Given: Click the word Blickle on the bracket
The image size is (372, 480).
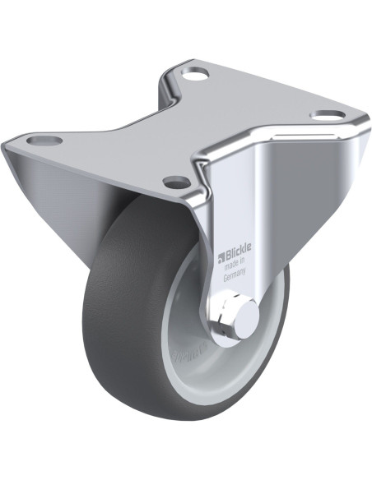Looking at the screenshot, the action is click(x=239, y=247).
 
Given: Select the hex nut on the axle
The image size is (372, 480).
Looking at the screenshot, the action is click(x=228, y=312).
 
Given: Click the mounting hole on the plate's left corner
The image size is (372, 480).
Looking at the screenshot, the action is click(x=44, y=141).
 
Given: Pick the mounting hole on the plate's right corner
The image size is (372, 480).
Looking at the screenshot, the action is click(x=328, y=115).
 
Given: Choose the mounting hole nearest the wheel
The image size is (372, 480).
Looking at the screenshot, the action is click(x=176, y=182).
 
